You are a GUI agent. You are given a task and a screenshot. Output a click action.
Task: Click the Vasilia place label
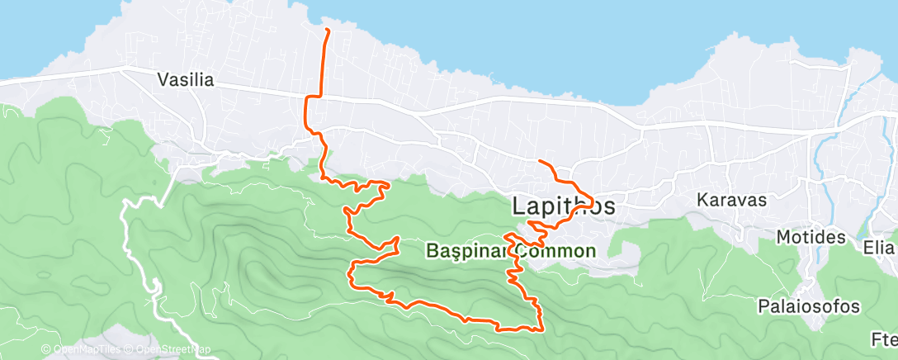tap(186, 80)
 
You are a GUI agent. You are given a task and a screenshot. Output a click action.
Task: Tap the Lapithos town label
tap(564, 206)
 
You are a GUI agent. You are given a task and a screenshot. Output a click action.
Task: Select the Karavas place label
tap(732, 200)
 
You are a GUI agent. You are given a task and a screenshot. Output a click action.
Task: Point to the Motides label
tap(811, 238)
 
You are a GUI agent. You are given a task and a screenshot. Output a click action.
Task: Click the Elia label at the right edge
tap(879, 247)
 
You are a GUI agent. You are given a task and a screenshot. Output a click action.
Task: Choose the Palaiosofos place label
tap(809, 306)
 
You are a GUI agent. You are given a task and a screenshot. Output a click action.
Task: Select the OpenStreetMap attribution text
tap(168, 349)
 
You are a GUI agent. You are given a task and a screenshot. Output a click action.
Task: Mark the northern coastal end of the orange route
tap(328, 31)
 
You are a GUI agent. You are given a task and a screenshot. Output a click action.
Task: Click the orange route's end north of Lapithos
tap(539, 160)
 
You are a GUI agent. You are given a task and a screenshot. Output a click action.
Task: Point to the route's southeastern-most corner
tap(541, 329)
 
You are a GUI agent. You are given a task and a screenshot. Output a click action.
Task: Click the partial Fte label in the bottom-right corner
tap(884, 339)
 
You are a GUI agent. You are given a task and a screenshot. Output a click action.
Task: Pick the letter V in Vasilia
tap(163, 80)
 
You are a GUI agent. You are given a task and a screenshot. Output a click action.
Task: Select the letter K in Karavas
tap(702, 200)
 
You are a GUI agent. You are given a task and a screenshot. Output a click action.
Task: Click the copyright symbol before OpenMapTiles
tap(46, 349)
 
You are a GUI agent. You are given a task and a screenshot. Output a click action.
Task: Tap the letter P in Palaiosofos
tap(763, 306)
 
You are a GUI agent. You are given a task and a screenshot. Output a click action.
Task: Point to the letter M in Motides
tap(783, 238)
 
